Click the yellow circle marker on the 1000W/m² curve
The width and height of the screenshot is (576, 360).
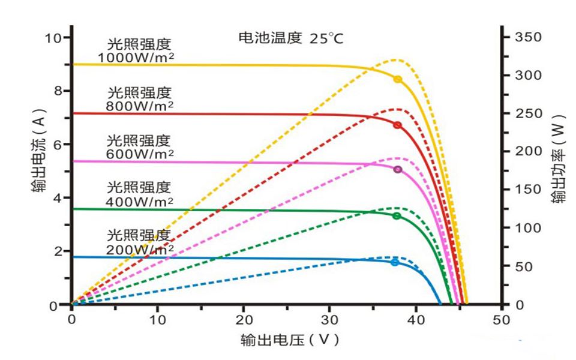(x=397, y=79)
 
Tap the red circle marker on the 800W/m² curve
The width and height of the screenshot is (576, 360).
(x=397, y=125)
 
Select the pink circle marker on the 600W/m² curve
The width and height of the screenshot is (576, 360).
(x=397, y=170)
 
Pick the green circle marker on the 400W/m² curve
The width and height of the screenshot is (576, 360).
(x=397, y=215)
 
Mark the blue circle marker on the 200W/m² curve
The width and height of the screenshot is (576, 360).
(x=395, y=262)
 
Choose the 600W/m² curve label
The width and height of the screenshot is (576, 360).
(x=139, y=147)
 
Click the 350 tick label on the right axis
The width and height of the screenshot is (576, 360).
(x=529, y=37)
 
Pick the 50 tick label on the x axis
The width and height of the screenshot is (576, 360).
(x=501, y=319)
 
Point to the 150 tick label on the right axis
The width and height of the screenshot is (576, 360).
(x=529, y=190)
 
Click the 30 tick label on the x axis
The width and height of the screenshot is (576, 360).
(x=329, y=319)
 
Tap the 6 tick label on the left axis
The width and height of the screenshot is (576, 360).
(x=58, y=145)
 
